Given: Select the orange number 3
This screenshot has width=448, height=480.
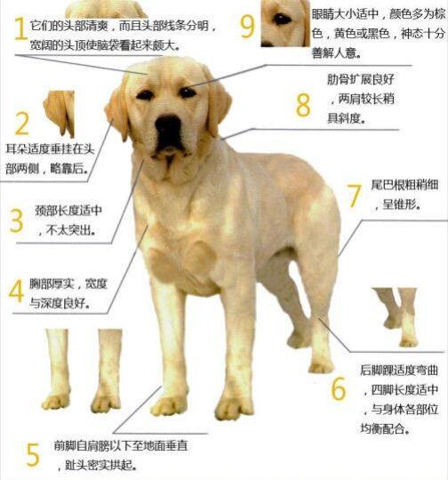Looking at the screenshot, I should click(x=17, y=220).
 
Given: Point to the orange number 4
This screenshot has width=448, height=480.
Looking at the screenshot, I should click(x=17, y=291).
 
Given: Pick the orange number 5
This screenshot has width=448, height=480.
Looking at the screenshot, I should click(x=33, y=454).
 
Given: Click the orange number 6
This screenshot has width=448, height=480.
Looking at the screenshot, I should click(x=339, y=388).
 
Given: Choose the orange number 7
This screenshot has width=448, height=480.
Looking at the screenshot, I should click(x=353, y=195).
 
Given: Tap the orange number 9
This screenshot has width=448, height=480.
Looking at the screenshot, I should click(x=247, y=25).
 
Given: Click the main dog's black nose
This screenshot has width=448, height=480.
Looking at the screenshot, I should click(x=168, y=130).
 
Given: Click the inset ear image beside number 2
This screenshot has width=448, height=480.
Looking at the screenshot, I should click(x=60, y=112).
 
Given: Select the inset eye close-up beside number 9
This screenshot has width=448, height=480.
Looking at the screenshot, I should click(x=284, y=23).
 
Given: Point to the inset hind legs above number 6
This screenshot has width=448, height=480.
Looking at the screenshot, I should click(x=396, y=316).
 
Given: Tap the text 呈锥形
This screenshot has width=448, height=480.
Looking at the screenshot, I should click(x=402, y=204).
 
